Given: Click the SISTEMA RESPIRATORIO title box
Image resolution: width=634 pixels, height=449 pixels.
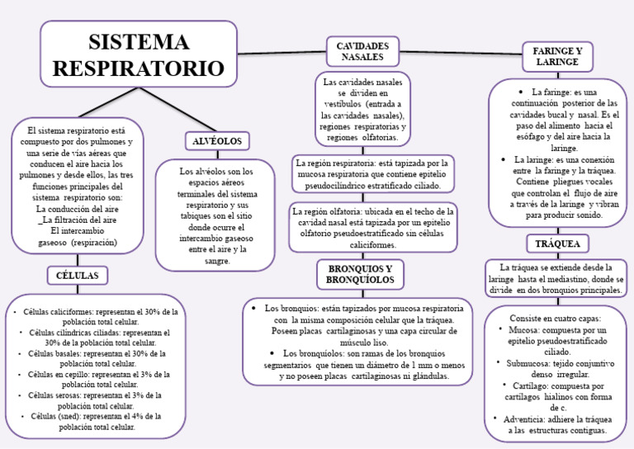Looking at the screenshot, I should click(x=139, y=55).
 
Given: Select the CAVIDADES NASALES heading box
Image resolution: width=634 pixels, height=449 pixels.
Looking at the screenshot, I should click(x=362, y=50).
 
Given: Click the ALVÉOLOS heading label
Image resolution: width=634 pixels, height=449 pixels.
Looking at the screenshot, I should click(x=217, y=140).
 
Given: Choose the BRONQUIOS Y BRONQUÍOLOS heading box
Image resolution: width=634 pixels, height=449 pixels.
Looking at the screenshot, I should click(x=360, y=275).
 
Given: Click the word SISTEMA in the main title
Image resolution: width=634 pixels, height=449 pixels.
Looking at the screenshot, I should click(x=139, y=41).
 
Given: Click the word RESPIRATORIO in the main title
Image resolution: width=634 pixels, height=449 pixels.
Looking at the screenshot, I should click(x=139, y=69).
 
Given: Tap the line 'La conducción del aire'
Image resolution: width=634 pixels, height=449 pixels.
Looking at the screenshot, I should click(x=78, y=210).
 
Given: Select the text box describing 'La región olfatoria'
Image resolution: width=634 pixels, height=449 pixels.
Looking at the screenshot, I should click(x=373, y=227).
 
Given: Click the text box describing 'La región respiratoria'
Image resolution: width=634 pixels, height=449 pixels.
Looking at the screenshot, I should click(x=371, y=175).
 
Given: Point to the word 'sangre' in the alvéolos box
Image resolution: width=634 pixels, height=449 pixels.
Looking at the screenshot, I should click(x=217, y=261).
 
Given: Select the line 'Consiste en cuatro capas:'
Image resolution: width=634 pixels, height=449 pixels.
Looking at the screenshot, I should click(x=556, y=318).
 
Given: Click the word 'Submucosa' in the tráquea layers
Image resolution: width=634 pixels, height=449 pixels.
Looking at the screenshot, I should click(x=528, y=362).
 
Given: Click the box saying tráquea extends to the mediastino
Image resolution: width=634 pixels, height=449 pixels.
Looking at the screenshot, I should click(x=556, y=279).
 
